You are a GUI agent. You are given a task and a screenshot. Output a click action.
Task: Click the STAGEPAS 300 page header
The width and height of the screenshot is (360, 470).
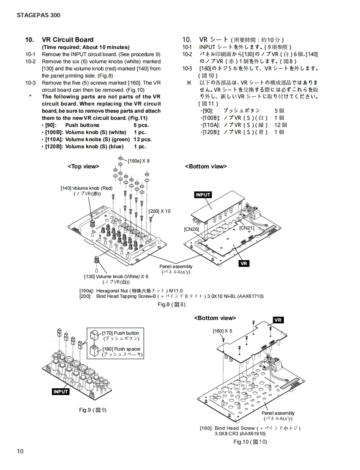(x=39, y=15)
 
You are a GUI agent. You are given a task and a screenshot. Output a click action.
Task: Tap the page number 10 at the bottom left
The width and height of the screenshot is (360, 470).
(x=21, y=451)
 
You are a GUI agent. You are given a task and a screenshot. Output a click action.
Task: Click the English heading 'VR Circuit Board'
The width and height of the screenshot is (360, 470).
(x=67, y=40)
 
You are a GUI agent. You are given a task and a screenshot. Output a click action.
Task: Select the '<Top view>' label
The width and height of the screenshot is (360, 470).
(x=83, y=166)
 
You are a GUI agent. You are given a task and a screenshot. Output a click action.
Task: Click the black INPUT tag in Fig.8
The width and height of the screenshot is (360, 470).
(x=203, y=195)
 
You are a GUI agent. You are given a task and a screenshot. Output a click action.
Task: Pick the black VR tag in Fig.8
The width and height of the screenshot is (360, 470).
(x=244, y=263)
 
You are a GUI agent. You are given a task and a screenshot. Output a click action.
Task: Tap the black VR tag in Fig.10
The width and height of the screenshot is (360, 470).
(x=278, y=320)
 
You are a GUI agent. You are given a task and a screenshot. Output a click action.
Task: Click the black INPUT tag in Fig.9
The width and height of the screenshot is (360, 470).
(x=61, y=392)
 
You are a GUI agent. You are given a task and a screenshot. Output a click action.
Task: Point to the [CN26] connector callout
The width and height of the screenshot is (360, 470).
(x=191, y=229)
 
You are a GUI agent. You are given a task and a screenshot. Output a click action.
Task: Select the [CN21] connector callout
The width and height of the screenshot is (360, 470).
(x=247, y=228)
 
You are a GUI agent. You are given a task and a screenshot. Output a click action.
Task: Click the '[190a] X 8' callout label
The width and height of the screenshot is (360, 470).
(x=139, y=160)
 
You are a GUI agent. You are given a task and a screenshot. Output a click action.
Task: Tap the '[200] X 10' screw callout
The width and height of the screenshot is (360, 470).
(x=159, y=211)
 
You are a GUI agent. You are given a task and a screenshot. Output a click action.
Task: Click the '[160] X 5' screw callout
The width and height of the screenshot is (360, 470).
(x=222, y=331)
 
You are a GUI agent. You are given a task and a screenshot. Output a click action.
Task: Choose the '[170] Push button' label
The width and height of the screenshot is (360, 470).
(x=121, y=333)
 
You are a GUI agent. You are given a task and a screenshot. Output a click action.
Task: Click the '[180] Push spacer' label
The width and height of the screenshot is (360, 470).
(x=121, y=349)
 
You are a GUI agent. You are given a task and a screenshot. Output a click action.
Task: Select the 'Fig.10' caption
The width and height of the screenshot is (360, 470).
(x=250, y=442)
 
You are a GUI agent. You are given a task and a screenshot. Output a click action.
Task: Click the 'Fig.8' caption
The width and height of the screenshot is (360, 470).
(x=171, y=304)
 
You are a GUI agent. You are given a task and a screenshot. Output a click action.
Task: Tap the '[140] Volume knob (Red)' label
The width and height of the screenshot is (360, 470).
(x=87, y=188)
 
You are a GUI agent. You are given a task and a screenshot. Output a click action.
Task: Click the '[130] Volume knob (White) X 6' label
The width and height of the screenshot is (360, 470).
(x=116, y=276)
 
